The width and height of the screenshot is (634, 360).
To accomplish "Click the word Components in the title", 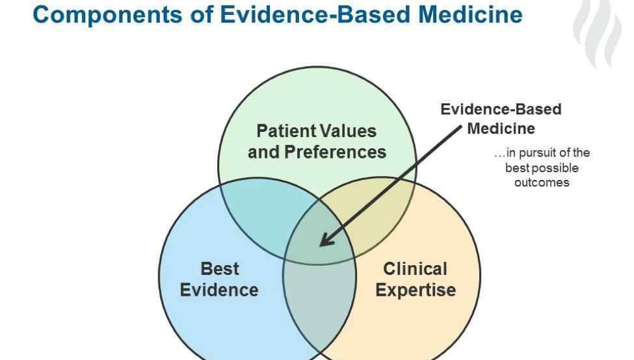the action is pos(107,16).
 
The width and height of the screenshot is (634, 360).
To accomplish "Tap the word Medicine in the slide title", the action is pos(470,14).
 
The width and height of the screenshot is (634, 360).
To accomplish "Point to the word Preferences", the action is pos(335,152).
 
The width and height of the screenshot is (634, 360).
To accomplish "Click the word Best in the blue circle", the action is pos(220,269).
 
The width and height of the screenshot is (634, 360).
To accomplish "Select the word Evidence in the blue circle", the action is pos(219,290).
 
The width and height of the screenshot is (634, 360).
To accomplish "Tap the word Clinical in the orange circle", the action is pos(416,269).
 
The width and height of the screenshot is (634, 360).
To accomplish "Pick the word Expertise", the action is pos(416,290).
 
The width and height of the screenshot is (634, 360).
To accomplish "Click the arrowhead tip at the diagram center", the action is pos(321,245).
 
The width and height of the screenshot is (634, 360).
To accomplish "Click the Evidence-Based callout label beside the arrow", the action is pos(501,110).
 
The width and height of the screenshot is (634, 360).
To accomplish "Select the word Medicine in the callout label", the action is pos(501,129).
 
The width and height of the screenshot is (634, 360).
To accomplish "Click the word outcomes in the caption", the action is pos(542,183).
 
